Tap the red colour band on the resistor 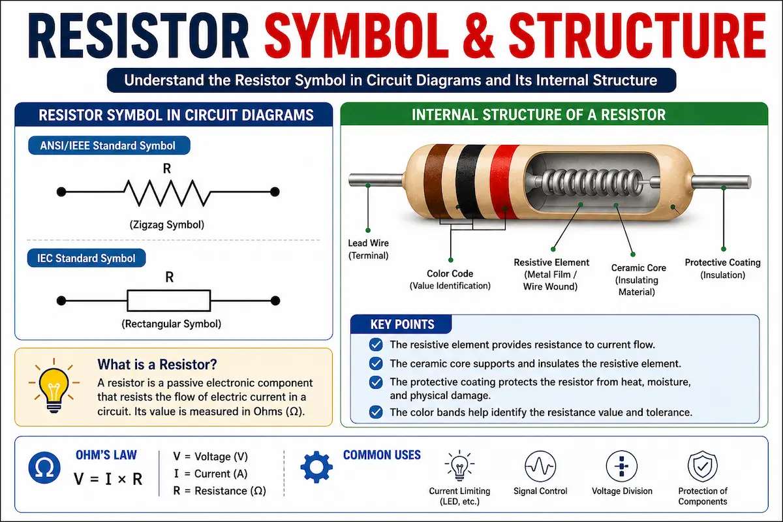click(504, 182)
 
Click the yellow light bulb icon click(54, 386)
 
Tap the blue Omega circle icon click(44, 467)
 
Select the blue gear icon click(316, 467)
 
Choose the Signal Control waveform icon click(540, 467)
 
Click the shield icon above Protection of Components click(703, 466)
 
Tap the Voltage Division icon click(621, 467)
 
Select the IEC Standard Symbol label click(86, 258)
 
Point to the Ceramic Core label click(638, 268)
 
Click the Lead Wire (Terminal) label click(369, 249)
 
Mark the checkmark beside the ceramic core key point click(376, 363)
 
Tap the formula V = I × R click(108, 479)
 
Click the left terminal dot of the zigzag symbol click(61, 192)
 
